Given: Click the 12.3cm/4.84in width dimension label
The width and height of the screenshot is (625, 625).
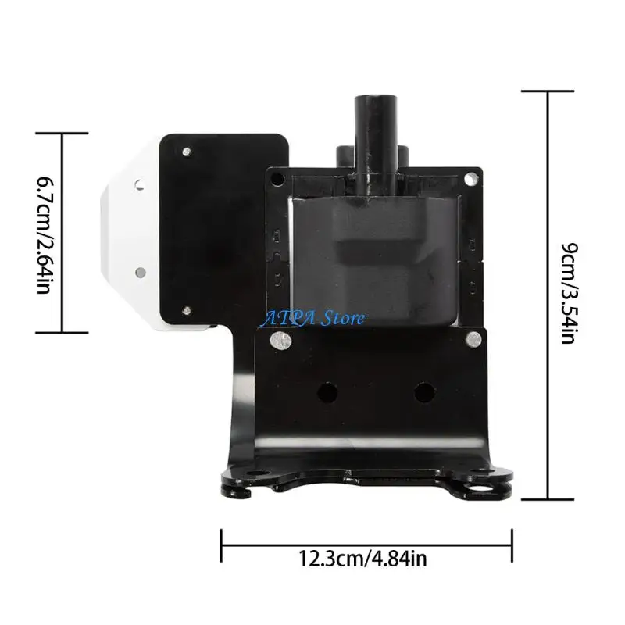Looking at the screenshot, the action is coord(362,559).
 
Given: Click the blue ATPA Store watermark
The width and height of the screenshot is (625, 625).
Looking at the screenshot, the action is coord(312,318).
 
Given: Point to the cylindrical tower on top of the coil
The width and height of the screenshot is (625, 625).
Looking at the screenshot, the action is coord(375,145).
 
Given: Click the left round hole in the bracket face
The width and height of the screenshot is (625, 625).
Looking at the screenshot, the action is coord(327,393).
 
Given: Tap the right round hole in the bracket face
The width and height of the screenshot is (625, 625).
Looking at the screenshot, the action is coord(424,393).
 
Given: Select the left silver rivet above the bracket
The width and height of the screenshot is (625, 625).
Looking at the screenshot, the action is coord(281,340).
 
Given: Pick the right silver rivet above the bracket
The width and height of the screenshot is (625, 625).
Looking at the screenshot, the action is coord(474,339).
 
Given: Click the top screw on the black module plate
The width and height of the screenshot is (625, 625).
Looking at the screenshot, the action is coord(187,152).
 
